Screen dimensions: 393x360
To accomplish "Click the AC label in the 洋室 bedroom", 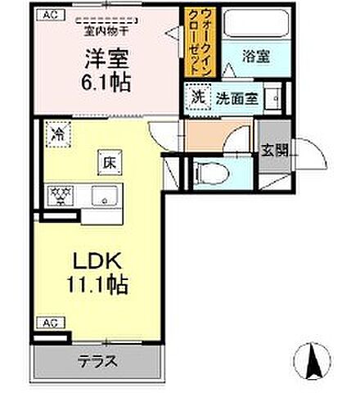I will coord(49,14).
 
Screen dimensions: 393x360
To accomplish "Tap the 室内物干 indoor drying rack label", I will coord(106,33).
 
